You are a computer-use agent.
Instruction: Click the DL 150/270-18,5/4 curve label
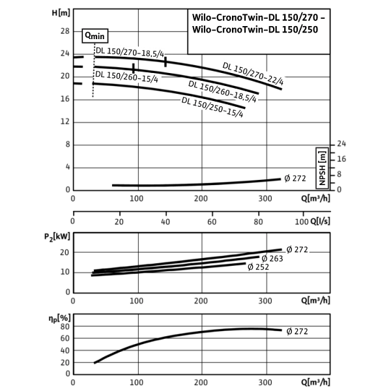point(129,52)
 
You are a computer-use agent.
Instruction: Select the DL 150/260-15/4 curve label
point(128,77)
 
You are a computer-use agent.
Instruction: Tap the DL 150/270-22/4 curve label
point(255,73)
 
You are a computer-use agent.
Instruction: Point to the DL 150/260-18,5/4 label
point(222,92)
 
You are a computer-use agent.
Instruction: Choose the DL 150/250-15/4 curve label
point(214,108)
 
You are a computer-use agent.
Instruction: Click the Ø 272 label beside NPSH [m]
point(295,179)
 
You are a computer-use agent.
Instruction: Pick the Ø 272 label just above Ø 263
point(297,250)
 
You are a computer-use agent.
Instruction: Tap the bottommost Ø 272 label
point(297,332)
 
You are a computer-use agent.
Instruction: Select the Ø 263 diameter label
point(272,259)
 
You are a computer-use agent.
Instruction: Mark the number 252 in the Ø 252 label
point(262,267)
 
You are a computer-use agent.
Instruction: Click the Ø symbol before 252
point(251,267)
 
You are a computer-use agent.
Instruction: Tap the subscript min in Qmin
point(99,37)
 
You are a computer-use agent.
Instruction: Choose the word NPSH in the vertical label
point(321,176)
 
